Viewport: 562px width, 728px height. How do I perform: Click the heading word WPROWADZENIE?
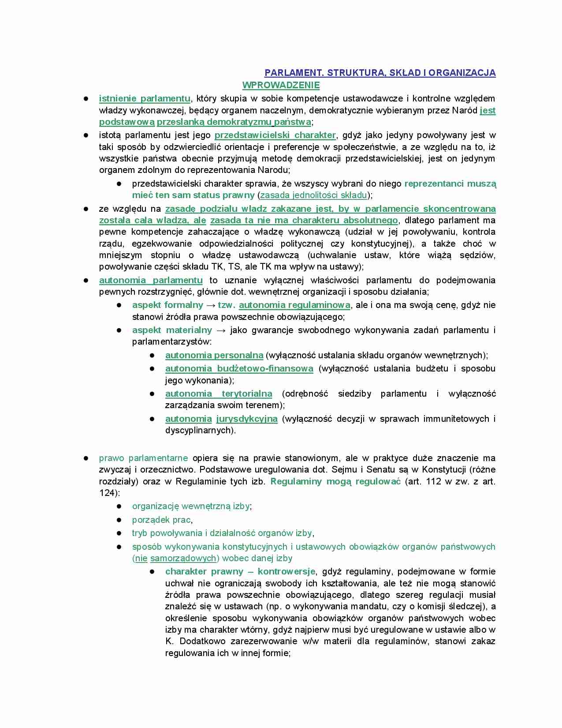click(x=281, y=85)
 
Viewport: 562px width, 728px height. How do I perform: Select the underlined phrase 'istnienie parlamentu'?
click(x=145, y=98)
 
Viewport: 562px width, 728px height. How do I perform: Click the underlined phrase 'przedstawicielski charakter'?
click(x=275, y=135)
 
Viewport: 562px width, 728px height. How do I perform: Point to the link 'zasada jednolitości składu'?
click(x=313, y=195)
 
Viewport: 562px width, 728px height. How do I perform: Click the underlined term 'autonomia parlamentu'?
click(x=151, y=280)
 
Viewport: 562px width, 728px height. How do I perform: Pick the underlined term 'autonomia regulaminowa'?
click(x=294, y=305)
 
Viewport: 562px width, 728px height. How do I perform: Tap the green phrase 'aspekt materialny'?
click(x=172, y=330)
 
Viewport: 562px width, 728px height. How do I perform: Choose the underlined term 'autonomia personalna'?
click(x=214, y=355)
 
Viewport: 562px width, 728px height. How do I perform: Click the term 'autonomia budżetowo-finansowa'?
click(x=239, y=368)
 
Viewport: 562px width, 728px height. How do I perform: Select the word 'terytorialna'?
click(x=247, y=394)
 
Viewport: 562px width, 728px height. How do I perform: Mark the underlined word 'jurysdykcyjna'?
click(x=247, y=419)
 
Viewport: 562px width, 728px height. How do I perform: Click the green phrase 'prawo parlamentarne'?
click(x=143, y=458)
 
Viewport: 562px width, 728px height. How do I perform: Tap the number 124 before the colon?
click(x=108, y=493)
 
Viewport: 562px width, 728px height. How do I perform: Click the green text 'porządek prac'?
click(x=161, y=520)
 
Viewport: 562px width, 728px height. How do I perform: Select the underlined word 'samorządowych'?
click(x=183, y=558)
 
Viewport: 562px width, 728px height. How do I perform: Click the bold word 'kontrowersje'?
click(x=287, y=571)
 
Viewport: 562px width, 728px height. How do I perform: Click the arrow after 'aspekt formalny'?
click(x=210, y=305)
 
